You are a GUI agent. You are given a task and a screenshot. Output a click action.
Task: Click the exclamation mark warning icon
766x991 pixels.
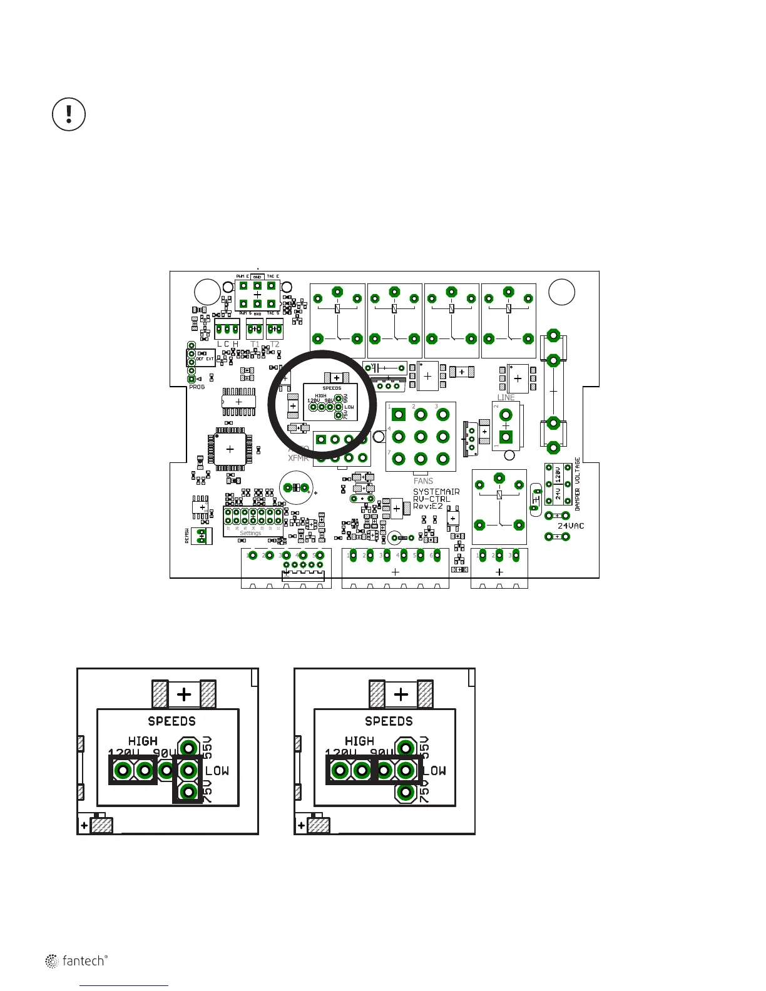point(68,114)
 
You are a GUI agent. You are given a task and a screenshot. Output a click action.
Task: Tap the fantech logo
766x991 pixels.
point(76,961)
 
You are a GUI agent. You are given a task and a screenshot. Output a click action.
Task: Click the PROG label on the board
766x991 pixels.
point(197,387)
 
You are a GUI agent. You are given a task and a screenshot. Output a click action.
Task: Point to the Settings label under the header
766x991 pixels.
point(250,533)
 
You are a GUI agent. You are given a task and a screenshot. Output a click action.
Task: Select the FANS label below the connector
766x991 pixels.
point(423,481)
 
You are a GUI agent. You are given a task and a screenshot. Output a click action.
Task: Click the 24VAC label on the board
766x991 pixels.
point(571,526)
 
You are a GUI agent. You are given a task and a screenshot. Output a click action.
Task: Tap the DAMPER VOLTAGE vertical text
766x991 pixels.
point(578,484)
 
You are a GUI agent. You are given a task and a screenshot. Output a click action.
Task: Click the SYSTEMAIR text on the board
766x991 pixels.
point(436,492)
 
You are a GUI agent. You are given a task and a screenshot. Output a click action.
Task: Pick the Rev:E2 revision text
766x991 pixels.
point(428,506)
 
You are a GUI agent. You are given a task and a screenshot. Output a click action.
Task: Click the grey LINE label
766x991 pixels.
point(506,397)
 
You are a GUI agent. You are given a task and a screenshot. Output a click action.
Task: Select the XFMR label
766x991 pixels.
point(298,458)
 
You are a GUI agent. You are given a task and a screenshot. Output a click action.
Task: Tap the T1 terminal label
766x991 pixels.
point(255,344)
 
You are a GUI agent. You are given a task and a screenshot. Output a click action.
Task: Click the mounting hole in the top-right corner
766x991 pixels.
point(561,292)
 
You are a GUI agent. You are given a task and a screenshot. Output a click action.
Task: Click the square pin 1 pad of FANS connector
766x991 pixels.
point(398,414)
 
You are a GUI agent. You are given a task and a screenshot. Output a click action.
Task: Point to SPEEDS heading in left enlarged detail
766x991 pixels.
point(171,721)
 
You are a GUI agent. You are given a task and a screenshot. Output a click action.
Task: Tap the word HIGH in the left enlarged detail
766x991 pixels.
point(143,741)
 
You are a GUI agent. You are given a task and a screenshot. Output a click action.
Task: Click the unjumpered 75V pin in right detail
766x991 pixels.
point(406,793)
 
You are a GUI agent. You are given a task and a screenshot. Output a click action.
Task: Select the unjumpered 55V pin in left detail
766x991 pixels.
point(188,747)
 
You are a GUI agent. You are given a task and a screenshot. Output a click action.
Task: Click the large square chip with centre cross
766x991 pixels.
point(230,449)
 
